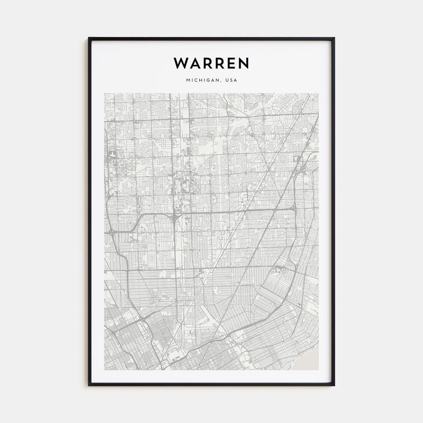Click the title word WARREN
(211, 63)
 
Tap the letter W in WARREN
(180, 63)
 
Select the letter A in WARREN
(194, 63)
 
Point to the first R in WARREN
(206, 63)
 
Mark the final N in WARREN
(243, 63)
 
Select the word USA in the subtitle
(232, 80)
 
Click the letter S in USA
(232, 80)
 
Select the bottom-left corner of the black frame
(89, 385)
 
